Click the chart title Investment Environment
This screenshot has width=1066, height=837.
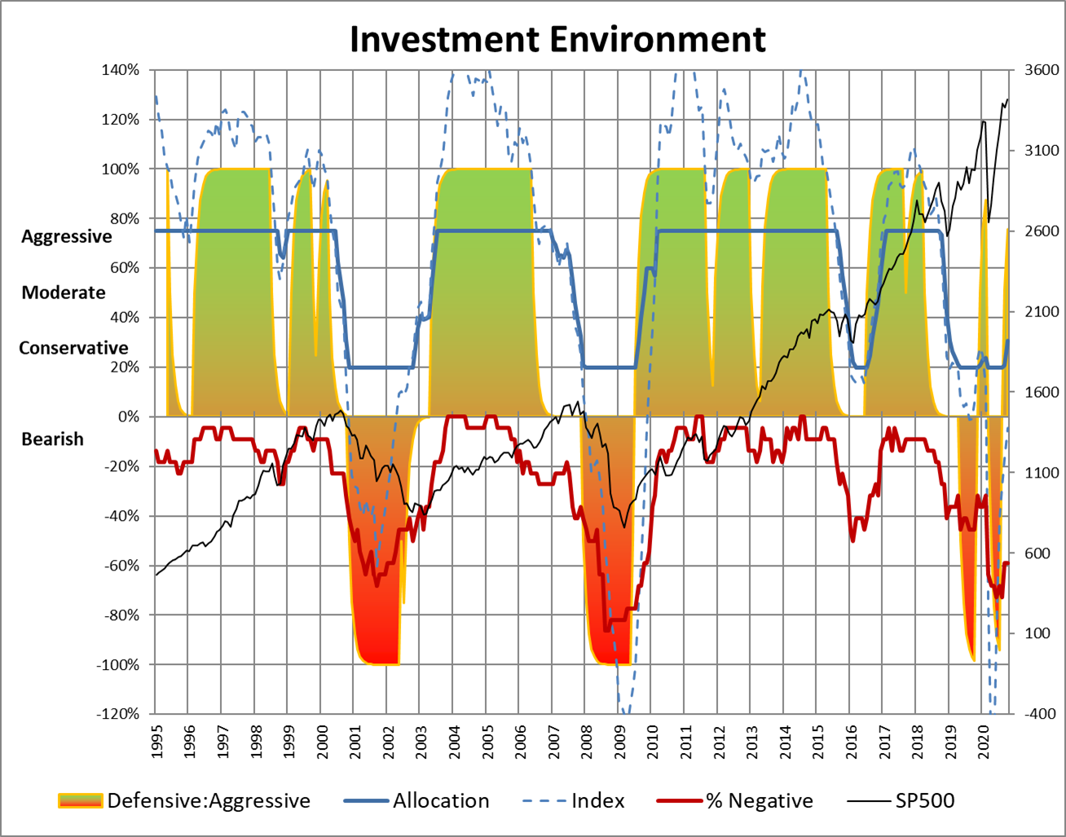[x=557, y=38]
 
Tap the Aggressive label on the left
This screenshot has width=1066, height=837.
[x=67, y=236]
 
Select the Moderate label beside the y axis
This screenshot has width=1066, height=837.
[x=64, y=293]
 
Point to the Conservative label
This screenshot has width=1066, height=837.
[x=73, y=348]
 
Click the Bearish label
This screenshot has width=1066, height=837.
[x=52, y=439]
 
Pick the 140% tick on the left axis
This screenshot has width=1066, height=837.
[x=121, y=70]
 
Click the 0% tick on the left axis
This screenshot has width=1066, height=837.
[x=129, y=416]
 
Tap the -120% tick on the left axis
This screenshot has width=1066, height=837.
[x=119, y=714]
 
